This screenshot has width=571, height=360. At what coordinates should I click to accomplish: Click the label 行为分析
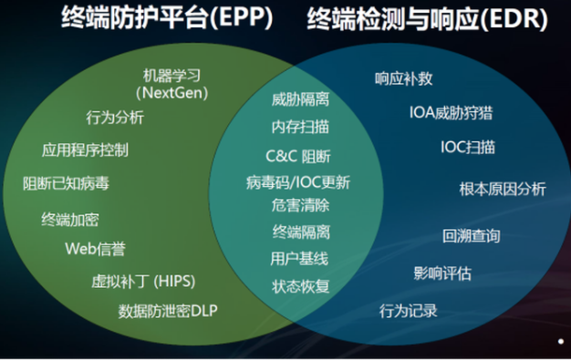(x=115, y=117)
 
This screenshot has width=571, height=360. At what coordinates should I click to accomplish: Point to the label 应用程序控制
(x=85, y=149)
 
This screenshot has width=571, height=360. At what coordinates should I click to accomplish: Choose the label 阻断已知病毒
(x=66, y=183)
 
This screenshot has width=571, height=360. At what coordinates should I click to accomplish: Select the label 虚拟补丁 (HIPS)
(x=143, y=280)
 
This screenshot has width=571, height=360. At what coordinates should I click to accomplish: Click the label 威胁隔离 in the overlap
(x=300, y=98)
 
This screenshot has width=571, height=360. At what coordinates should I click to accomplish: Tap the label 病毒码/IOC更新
(x=297, y=181)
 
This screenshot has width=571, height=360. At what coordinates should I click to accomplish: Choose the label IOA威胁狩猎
(x=451, y=113)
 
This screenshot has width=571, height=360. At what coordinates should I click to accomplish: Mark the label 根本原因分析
(x=503, y=189)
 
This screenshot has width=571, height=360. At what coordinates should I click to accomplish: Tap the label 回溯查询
(x=471, y=236)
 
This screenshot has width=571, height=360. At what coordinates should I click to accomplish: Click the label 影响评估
(x=442, y=272)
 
